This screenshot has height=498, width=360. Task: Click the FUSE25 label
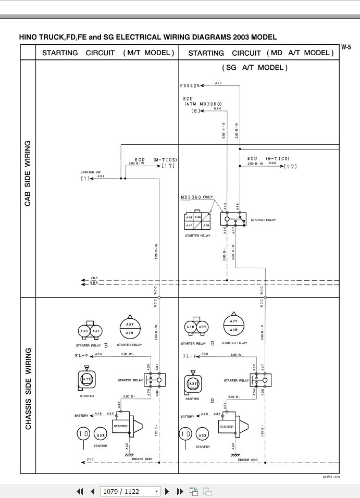(x=190, y=85)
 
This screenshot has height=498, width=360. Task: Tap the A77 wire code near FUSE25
(x=218, y=83)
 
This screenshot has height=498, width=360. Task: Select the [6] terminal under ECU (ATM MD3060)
(x=195, y=110)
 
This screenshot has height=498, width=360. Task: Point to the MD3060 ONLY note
(x=196, y=197)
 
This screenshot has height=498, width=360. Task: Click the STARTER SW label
(x=90, y=172)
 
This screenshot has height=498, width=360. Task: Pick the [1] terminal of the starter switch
(x=85, y=179)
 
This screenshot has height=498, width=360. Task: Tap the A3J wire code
(x=101, y=177)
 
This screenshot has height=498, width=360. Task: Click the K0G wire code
(x=272, y=164)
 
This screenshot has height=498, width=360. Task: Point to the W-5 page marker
(x=346, y=47)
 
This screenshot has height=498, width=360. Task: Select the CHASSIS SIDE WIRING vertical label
(x=28, y=389)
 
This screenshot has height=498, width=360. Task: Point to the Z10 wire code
(x=90, y=459)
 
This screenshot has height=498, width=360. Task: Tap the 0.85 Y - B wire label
(x=224, y=130)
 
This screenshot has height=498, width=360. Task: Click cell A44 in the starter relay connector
(x=198, y=217)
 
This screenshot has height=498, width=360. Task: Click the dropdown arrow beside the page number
(x=157, y=491)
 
